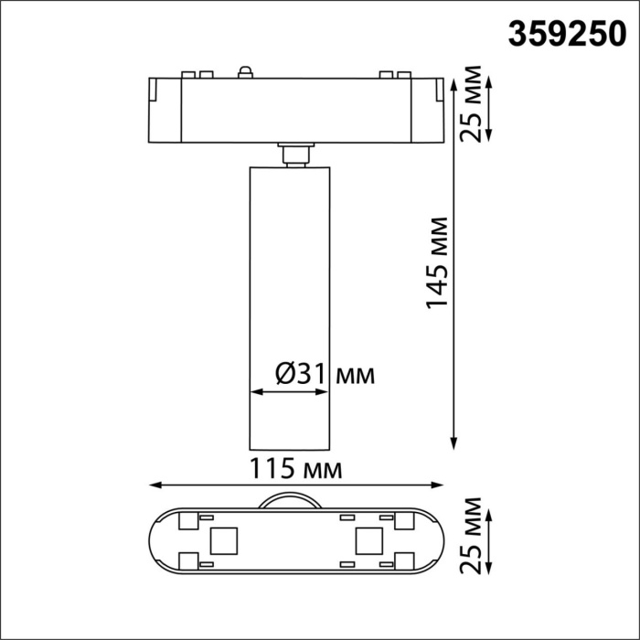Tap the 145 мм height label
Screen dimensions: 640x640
[x=440, y=263]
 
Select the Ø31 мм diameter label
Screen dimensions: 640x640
[x=325, y=373]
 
